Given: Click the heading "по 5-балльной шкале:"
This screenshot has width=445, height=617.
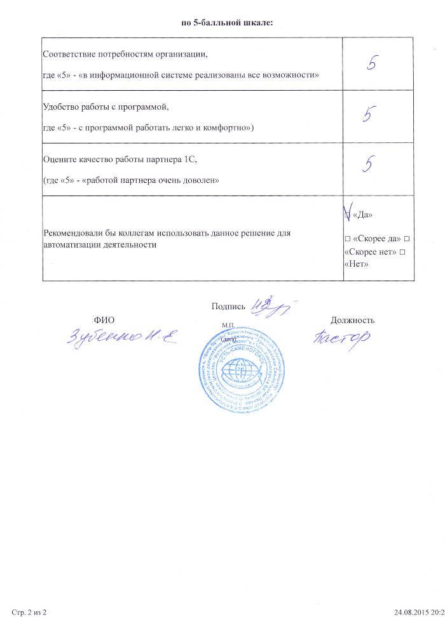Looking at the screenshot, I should coord(226,23).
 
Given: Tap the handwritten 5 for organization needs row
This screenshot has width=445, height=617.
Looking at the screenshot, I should coord(379,64).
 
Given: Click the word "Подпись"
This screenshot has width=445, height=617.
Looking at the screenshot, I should coord(228,307).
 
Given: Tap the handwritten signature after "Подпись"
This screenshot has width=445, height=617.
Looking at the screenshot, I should coord(269,306).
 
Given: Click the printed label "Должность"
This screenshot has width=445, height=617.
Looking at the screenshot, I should coord(352,321).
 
